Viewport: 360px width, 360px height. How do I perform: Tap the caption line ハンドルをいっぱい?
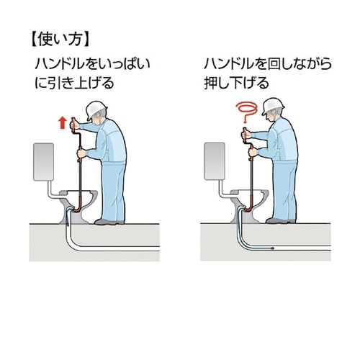click(92, 63)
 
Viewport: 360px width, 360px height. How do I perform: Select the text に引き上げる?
click(75, 83)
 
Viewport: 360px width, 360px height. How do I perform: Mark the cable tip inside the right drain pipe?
click(271, 248)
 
